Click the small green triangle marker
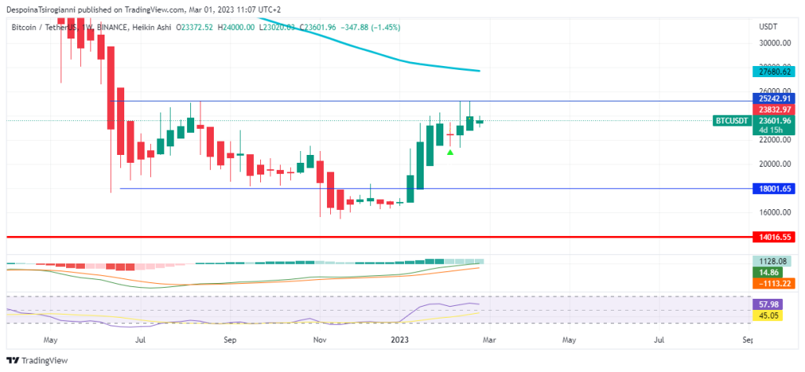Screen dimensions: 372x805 pyautogui.click(x=450, y=152)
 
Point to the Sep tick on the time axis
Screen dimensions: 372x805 pyautogui.click(x=230, y=341)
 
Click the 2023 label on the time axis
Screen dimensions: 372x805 pyautogui.click(x=400, y=341)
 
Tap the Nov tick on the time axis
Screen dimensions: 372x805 pyautogui.click(x=319, y=341)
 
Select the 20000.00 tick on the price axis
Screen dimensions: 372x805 pyautogui.click(x=774, y=164)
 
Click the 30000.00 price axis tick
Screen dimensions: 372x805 pyautogui.click(x=774, y=43)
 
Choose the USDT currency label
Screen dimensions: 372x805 pyautogui.click(x=768, y=26)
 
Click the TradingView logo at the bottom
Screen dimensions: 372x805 pyautogui.click(x=39, y=360)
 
